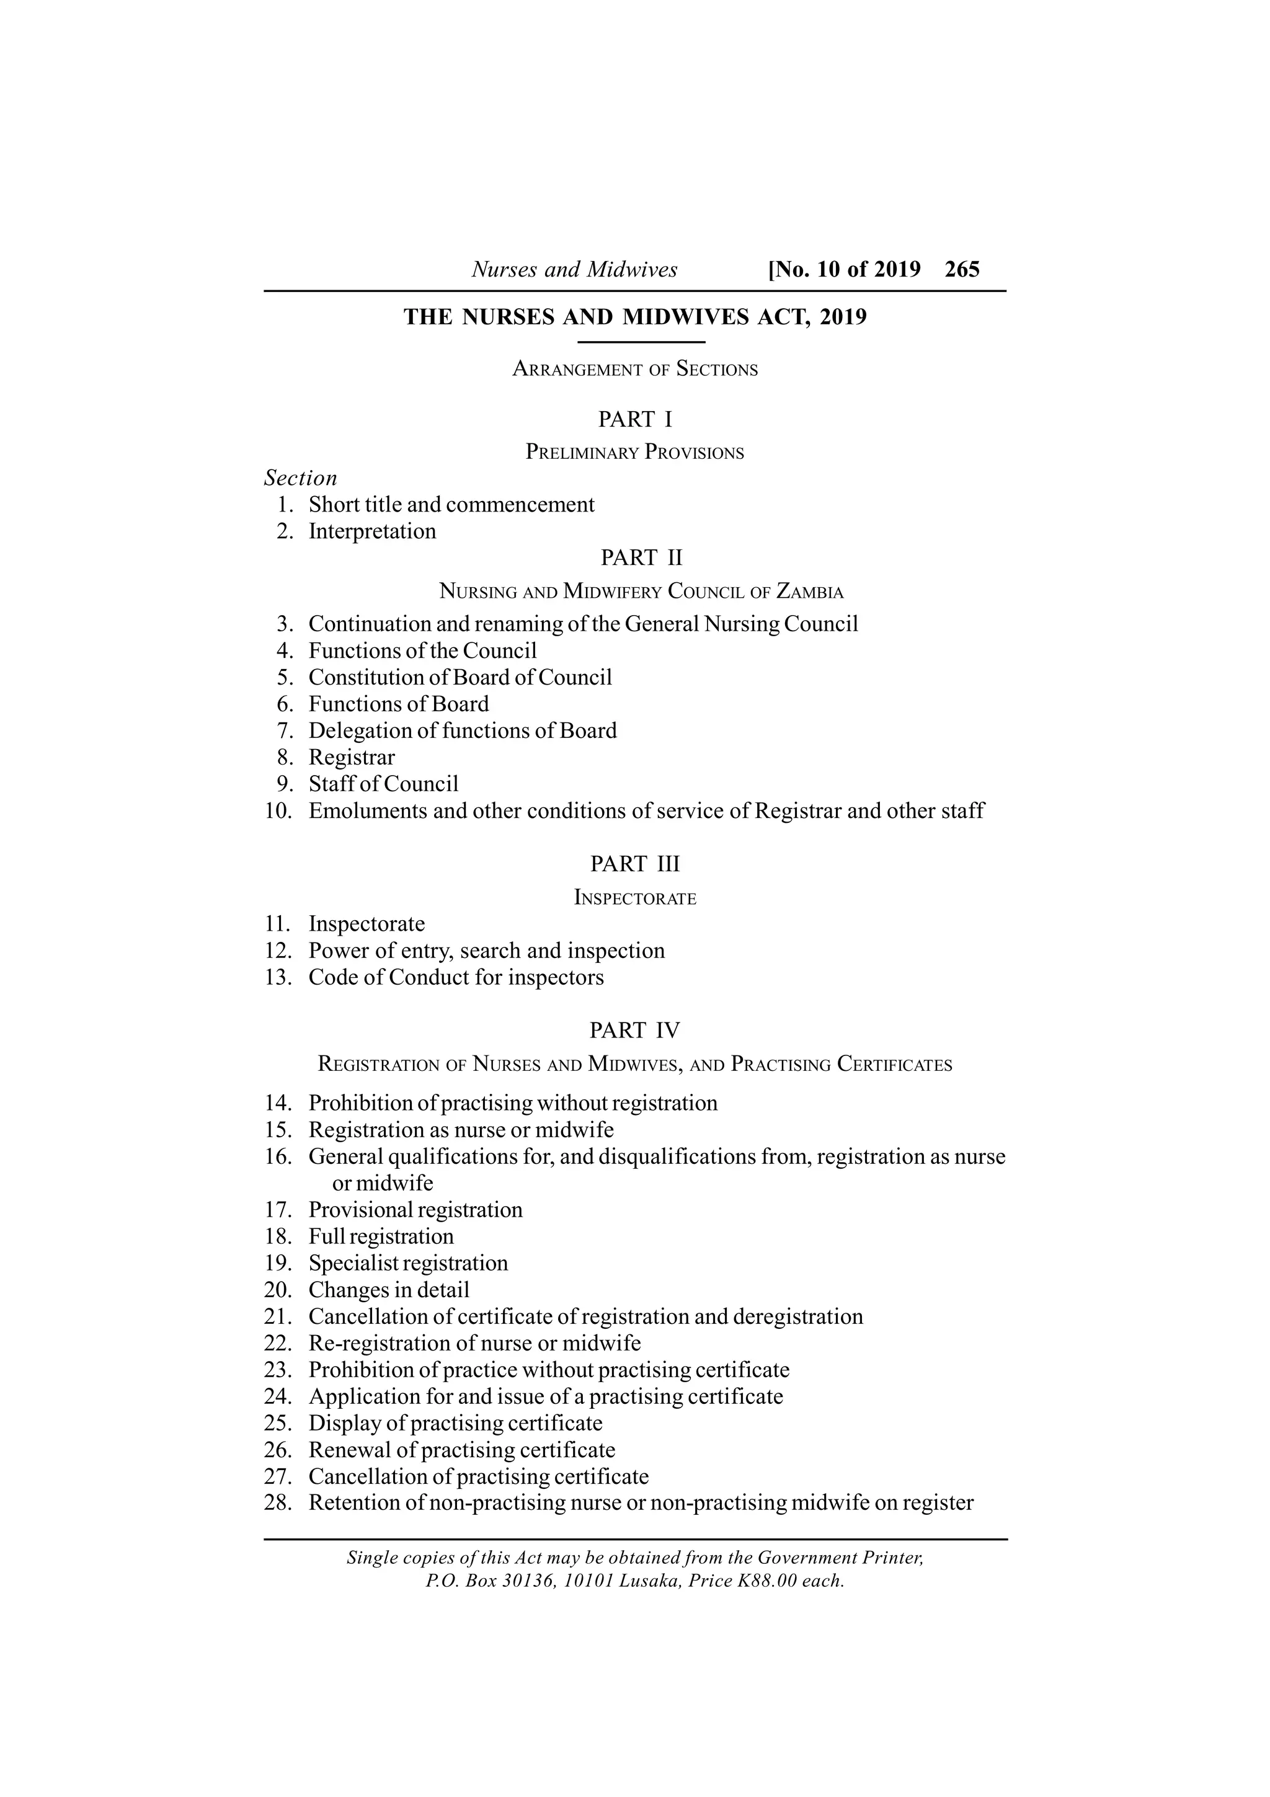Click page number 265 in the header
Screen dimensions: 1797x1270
(962, 269)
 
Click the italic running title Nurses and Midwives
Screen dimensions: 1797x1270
(574, 270)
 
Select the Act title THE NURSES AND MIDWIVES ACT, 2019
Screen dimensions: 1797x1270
(634, 317)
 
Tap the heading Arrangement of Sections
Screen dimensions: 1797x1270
(634, 370)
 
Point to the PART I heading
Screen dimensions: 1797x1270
(634, 420)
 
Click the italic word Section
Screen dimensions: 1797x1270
(301, 478)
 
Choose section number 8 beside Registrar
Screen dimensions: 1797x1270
(285, 758)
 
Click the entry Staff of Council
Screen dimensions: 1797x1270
(383, 784)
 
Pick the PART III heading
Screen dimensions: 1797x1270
(634, 864)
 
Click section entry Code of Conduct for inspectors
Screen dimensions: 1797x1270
(456, 977)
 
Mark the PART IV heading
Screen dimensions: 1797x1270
(634, 1031)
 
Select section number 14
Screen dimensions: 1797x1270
(278, 1104)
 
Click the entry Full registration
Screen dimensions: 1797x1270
(381, 1236)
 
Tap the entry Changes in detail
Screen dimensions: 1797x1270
(389, 1290)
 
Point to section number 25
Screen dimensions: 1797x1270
(278, 1423)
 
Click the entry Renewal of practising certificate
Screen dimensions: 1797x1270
(461, 1450)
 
